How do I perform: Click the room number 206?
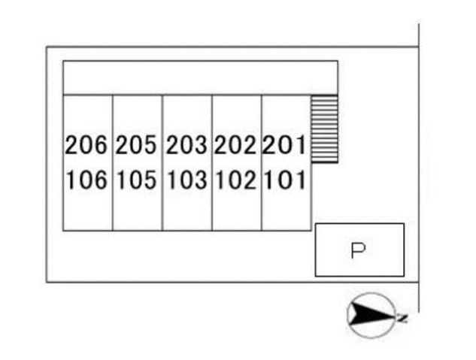[x=86, y=145]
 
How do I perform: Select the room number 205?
[x=136, y=145]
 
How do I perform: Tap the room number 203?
[x=186, y=145]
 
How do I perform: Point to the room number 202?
[x=235, y=145]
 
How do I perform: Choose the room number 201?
[x=284, y=145]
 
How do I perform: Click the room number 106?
[x=86, y=180]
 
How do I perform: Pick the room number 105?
[x=137, y=180]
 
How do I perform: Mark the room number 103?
[x=187, y=180]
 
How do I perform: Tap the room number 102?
[x=236, y=180]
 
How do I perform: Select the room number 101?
[x=285, y=180]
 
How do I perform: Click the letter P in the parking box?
[x=358, y=250]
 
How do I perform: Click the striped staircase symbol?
[x=325, y=129]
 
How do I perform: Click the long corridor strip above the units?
[x=200, y=78]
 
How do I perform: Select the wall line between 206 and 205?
[x=113, y=163]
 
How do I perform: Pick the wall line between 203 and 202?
[x=212, y=163]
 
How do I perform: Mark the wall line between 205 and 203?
[x=162, y=163]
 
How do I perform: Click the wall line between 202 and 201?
[x=262, y=163]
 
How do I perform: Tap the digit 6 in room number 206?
[x=101, y=145]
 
